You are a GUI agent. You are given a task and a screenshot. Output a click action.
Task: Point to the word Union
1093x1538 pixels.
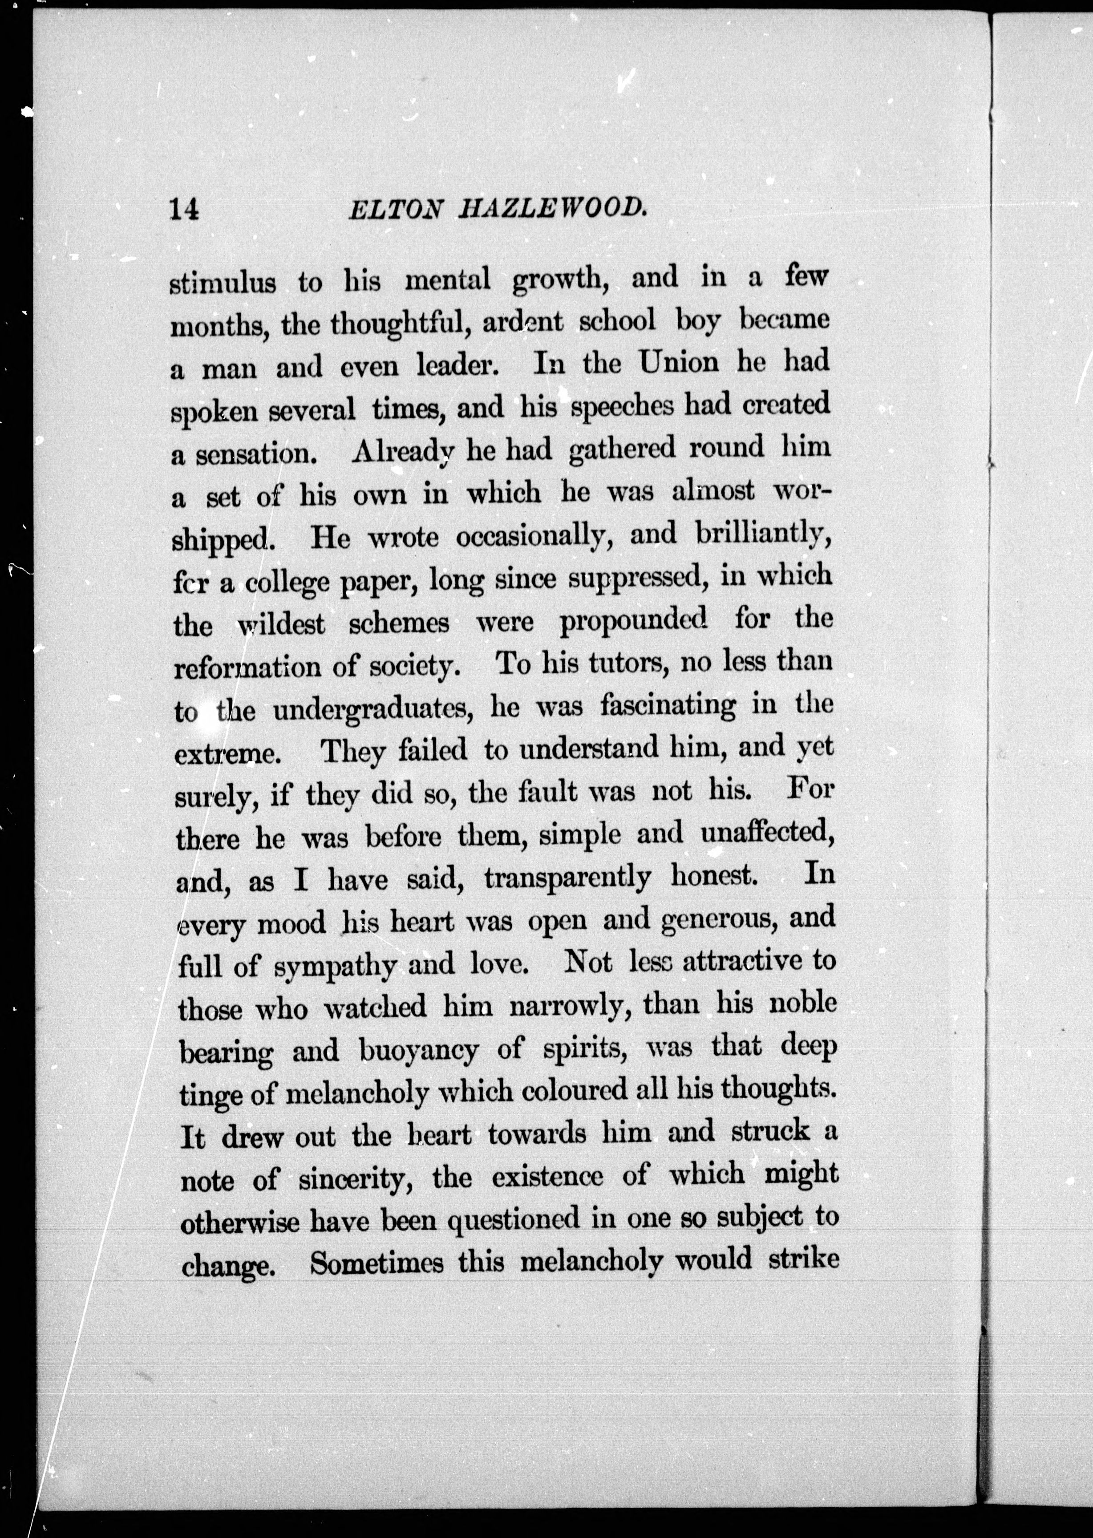click(x=678, y=364)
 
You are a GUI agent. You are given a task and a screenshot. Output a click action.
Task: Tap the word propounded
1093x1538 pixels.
click(x=633, y=620)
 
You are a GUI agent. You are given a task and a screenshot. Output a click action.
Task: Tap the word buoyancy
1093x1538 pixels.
click(x=419, y=1051)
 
